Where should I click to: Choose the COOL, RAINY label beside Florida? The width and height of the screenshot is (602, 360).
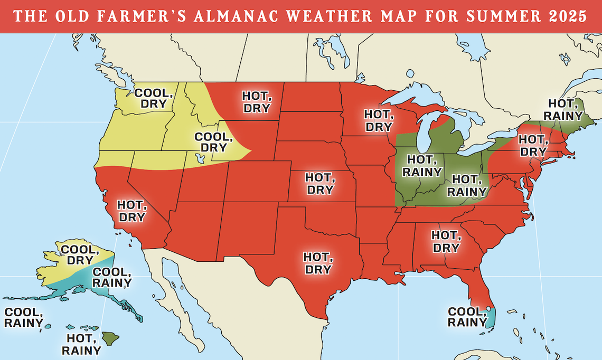click(x=467, y=317)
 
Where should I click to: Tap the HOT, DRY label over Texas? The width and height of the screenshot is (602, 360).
click(x=317, y=263)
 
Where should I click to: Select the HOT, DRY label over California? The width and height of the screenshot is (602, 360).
click(x=131, y=210)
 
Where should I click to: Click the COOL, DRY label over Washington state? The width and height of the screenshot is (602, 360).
click(x=154, y=98)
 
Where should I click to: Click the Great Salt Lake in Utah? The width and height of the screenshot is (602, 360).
click(x=199, y=158)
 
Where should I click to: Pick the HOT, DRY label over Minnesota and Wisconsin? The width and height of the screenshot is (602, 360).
click(x=379, y=120)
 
